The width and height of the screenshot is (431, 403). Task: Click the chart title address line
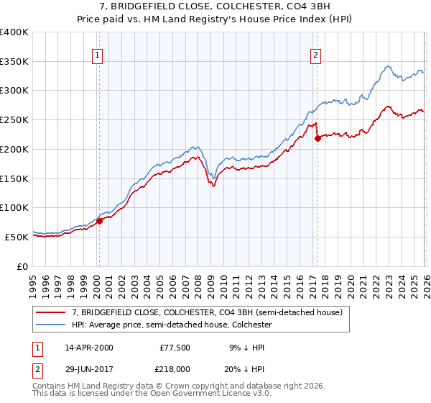(215, 6)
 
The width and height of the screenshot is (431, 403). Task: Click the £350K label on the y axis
(14, 62)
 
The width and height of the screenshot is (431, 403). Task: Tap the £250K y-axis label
(14, 120)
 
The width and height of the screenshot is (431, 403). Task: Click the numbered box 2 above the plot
(316, 53)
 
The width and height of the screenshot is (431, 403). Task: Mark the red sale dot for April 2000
(100, 221)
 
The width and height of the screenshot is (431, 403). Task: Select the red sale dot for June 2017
(318, 139)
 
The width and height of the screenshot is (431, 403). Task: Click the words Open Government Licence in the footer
(200, 394)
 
